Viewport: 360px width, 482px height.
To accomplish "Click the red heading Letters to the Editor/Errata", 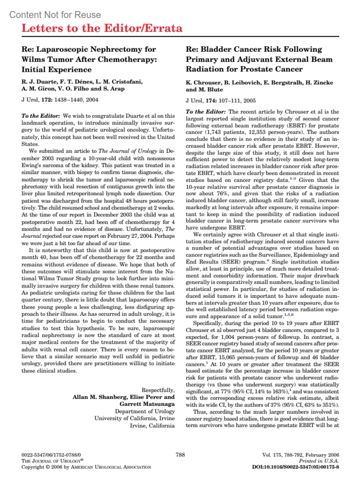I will [x=102, y=28].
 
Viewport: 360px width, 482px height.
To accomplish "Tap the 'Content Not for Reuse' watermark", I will [x=55, y=15].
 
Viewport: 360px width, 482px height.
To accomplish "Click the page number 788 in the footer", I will [x=180, y=454].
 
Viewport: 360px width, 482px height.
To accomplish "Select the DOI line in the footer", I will [x=295, y=467].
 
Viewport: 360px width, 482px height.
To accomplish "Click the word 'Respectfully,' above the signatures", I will [x=158, y=390].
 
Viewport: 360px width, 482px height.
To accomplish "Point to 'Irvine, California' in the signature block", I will [x=152, y=426].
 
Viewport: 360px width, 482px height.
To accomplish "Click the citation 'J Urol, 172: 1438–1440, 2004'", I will [x=60, y=100].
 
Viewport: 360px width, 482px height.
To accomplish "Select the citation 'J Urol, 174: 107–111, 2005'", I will [x=220, y=101].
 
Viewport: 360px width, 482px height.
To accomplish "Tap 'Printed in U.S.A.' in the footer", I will [x=319, y=461].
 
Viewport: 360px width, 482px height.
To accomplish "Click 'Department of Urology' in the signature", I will [x=145, y=411].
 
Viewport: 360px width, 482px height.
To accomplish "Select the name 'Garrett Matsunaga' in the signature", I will [x=147, y=404].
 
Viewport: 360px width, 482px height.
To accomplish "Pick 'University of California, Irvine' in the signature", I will [x=134, y=418].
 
